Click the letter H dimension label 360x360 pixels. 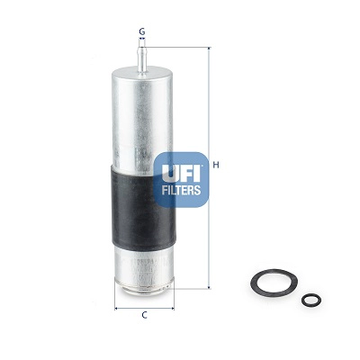coord(217,165)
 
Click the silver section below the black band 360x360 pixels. coord(142,265)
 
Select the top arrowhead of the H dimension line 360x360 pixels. coord(209,48)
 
